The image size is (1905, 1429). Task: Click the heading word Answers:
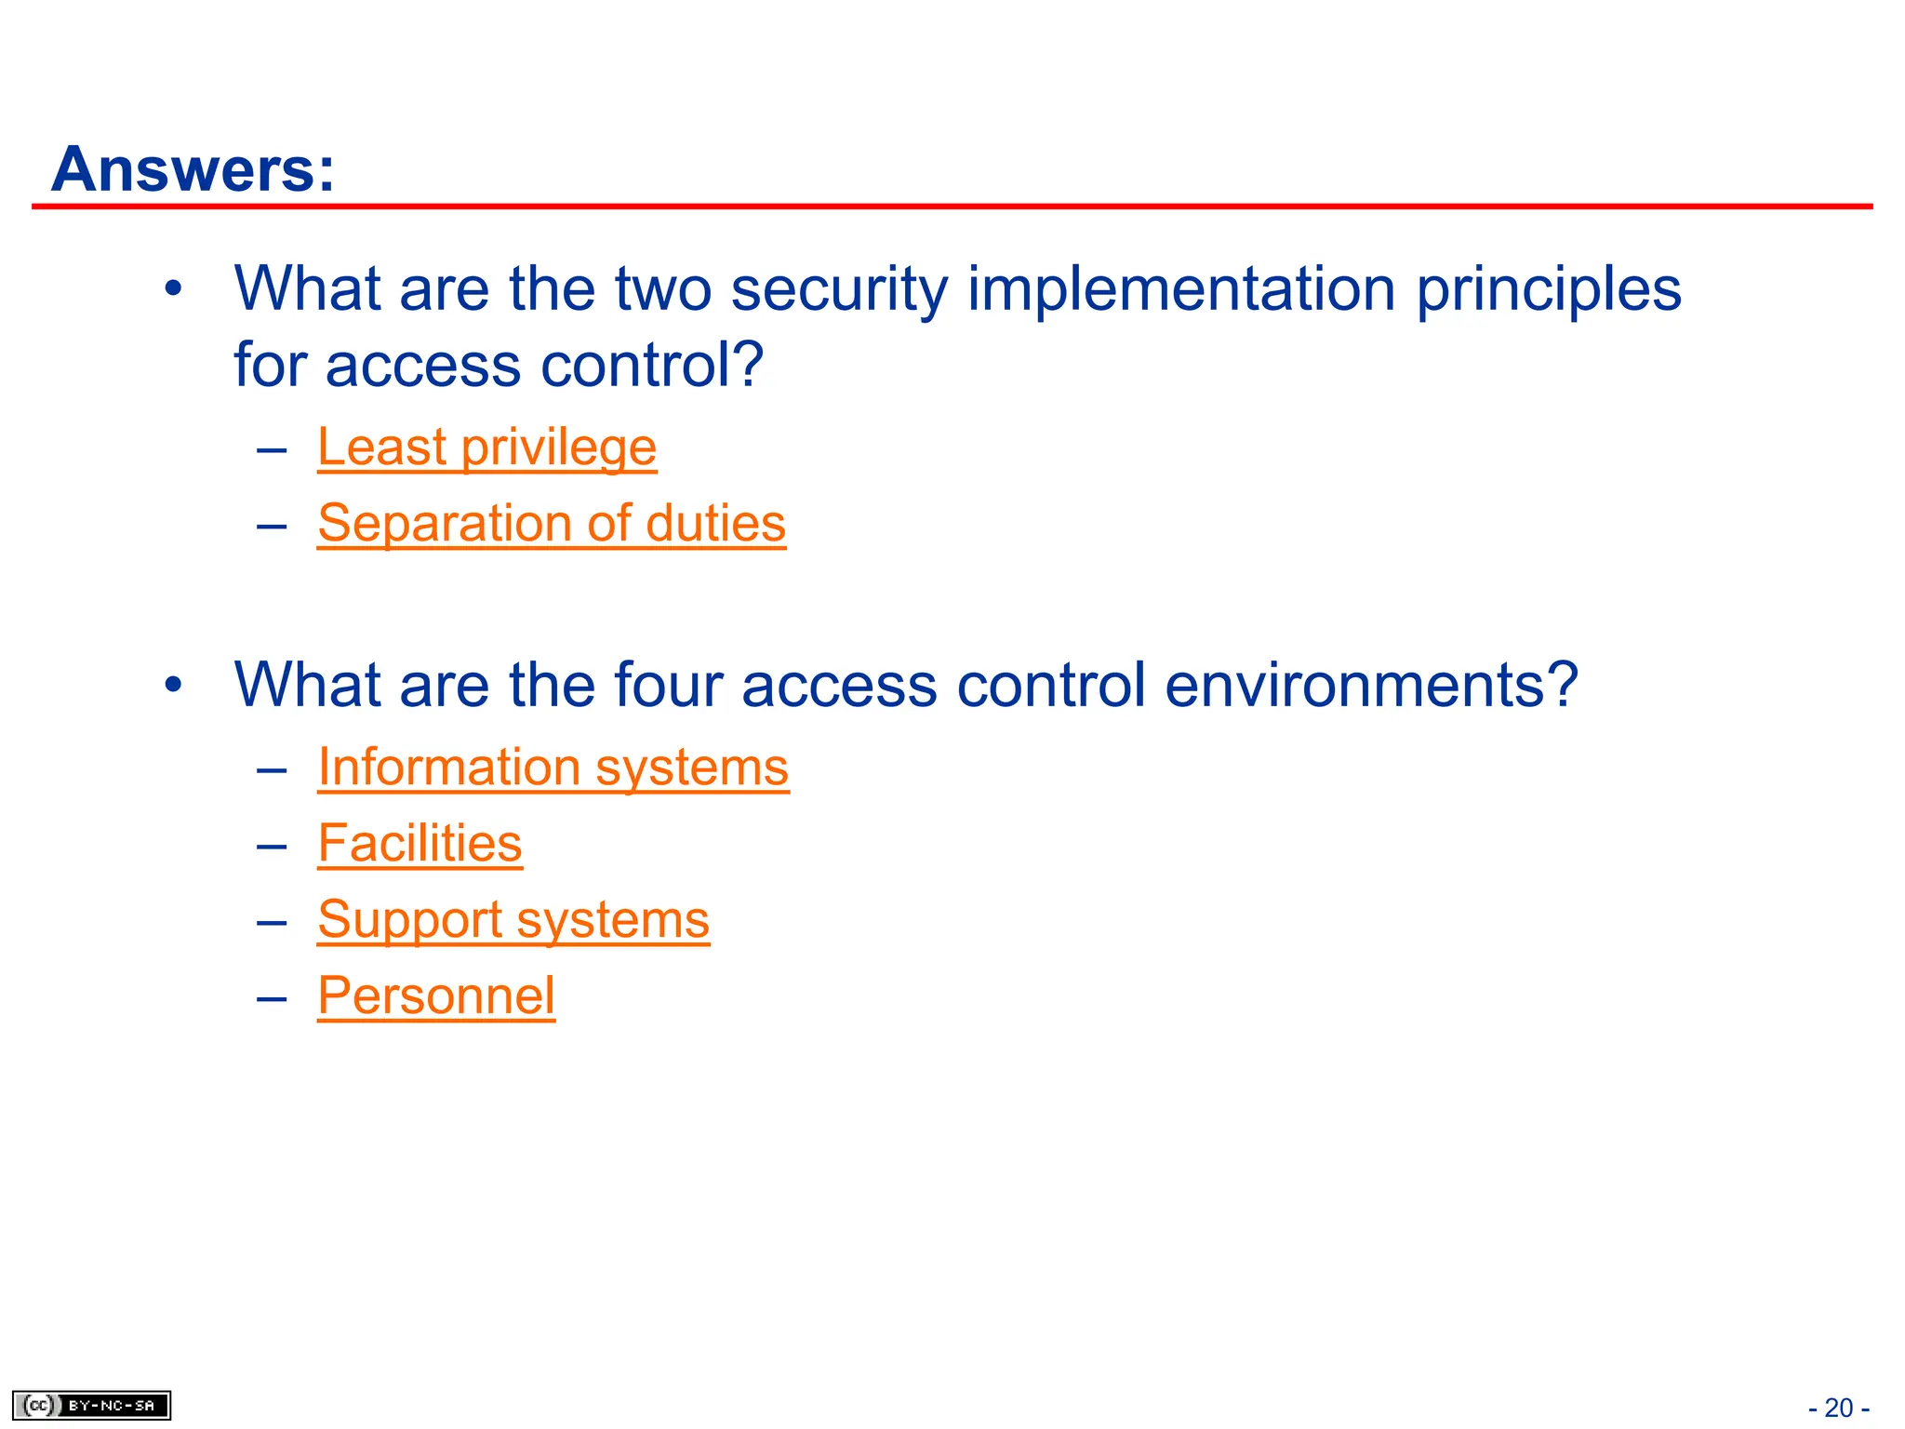tap(193, 170)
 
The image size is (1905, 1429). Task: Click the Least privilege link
tap(486, 447)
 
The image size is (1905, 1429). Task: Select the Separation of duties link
tap(551, 524)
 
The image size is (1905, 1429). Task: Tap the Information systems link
tap(553, 768)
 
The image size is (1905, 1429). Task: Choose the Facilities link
tap(420, 845)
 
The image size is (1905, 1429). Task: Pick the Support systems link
tap(513, 921)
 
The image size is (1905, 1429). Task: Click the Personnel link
tap(435, 996)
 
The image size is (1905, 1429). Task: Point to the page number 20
tap(1838, 1408)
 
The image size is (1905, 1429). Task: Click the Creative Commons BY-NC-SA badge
tap(91, 1405)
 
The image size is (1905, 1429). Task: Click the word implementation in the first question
tap(1181, 289)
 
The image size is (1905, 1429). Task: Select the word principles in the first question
tap(1548, 289)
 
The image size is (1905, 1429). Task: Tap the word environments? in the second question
tap(1371, 686)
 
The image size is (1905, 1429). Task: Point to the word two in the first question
tap(664, 289)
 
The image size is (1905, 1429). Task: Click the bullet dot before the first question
tap(173, 289)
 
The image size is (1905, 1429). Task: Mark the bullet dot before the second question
tap(173, 686)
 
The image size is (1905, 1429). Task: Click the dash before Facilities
tap(272, 846)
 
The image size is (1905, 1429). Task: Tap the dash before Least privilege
tap(272, 450)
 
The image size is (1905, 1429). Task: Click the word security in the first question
tap(839, 289)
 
